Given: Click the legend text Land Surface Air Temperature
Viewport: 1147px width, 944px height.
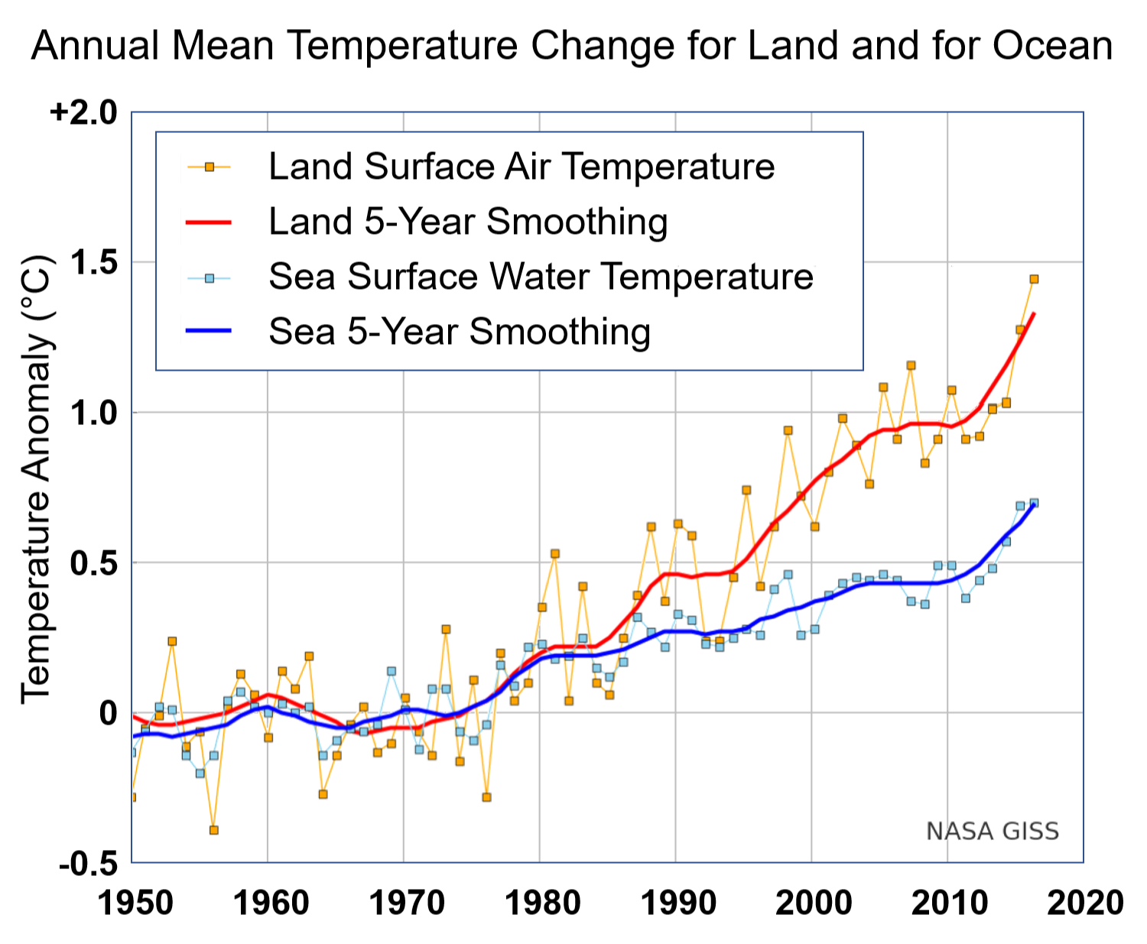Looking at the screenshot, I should (522, 167).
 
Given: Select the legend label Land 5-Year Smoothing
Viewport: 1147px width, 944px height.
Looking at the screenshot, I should (468, 222).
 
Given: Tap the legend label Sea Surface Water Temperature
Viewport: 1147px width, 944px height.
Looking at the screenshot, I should (541, 277).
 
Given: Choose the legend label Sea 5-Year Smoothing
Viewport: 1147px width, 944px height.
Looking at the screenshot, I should (460, 332).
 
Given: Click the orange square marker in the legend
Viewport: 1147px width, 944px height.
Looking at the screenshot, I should (209, 167).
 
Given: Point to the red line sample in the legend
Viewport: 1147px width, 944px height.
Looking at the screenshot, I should (209, 222).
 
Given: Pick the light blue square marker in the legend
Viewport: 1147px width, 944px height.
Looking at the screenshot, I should (209, 278).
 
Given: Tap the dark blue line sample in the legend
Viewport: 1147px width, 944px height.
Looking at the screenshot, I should (209, 330).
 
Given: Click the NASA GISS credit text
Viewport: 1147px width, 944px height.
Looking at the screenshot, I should (992, 831).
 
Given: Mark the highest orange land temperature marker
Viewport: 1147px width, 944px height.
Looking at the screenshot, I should (1034, 279).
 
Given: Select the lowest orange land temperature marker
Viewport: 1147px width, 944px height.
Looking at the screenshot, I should (214, 830).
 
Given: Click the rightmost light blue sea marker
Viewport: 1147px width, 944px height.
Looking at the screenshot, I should (1034, 503).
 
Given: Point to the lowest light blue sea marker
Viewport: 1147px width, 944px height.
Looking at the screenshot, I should (200, 773).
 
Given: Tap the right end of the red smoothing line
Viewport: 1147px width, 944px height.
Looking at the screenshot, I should (1034, 313).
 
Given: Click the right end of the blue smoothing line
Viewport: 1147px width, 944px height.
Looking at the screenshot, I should (1034, 505).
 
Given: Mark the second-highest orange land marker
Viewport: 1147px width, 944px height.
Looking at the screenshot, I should (1020, 329).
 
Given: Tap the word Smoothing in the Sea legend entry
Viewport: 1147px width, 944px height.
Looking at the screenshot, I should (560, 332).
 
